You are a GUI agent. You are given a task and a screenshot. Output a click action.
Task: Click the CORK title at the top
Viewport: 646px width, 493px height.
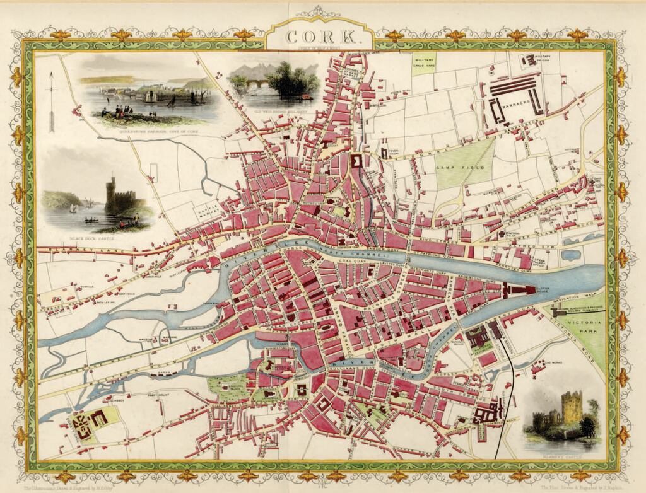322,37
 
